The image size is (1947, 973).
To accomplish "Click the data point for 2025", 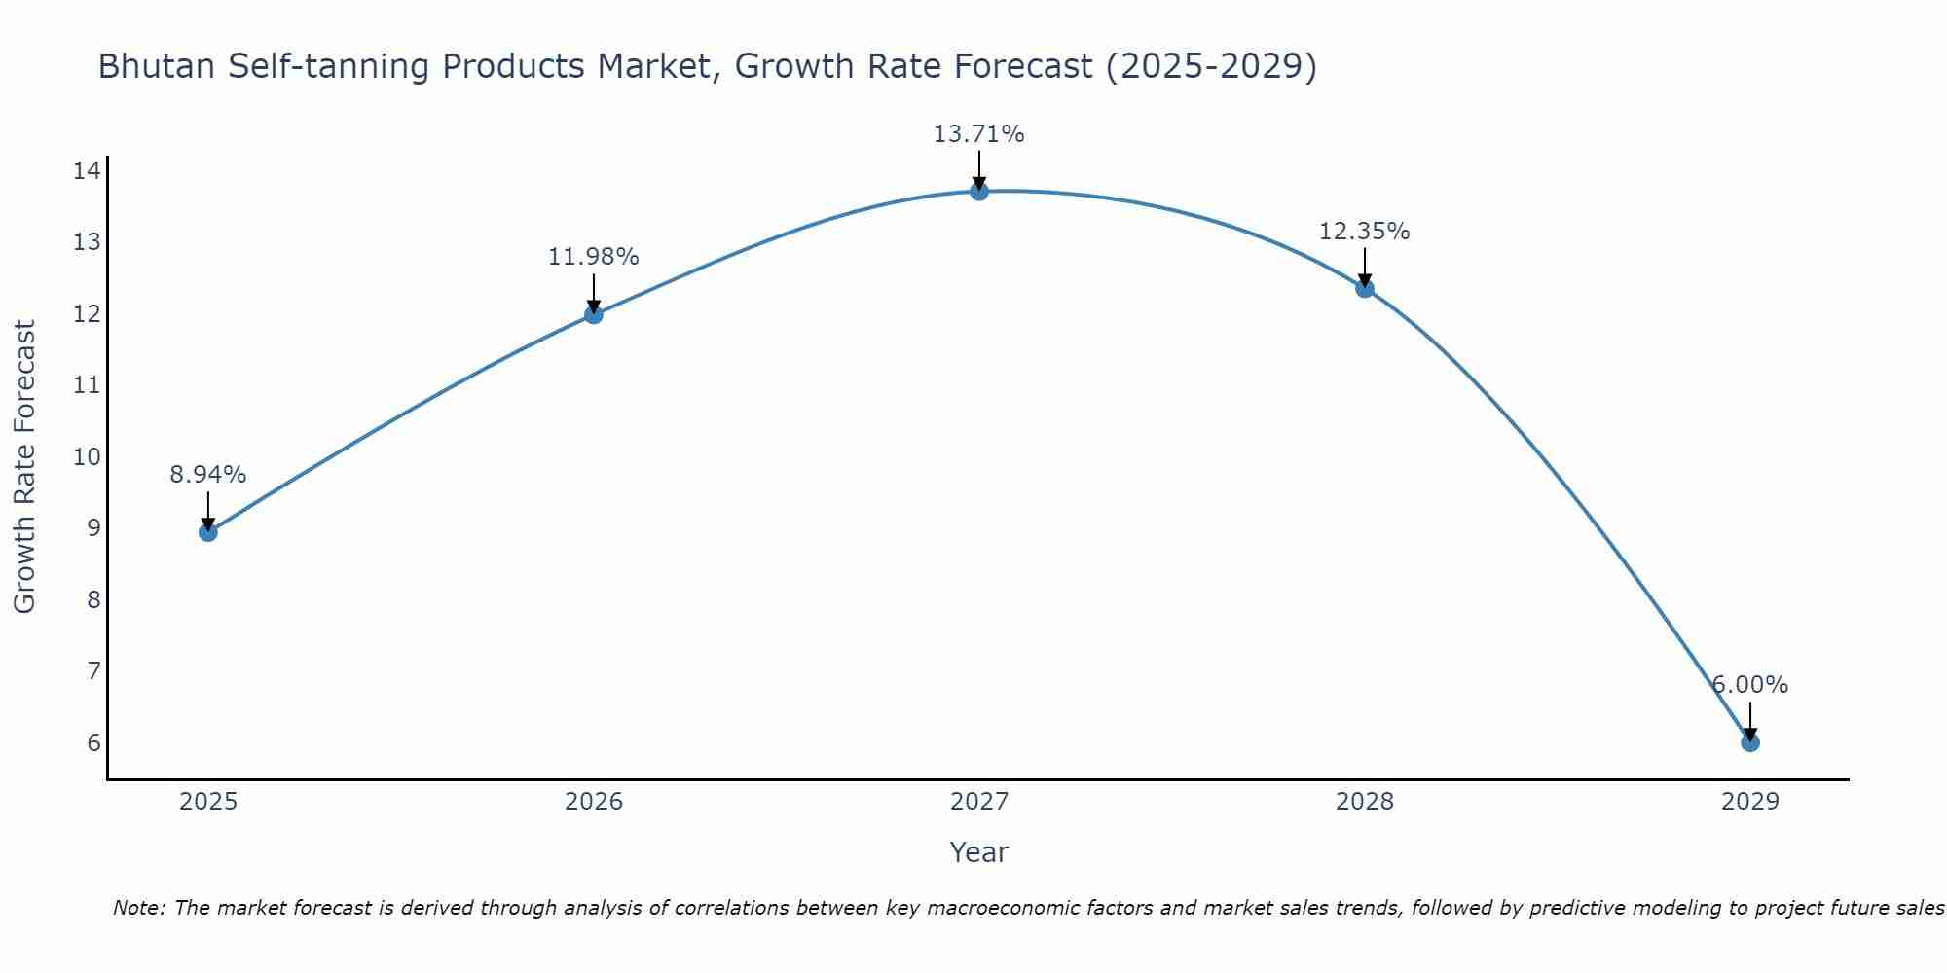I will (x=207, y=532).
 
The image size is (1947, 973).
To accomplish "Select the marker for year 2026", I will (x=594, y=314).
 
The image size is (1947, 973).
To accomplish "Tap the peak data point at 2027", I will (x=979, y=192).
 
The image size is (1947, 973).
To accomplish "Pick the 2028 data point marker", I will (x=1365, y=288).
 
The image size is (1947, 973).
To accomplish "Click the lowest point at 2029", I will (x=1750, y=742).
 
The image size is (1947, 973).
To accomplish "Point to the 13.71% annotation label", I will (x=978, y=134).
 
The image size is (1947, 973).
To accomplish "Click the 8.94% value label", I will (x=207, y=475).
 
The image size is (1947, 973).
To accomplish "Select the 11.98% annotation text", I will (x=593, y=257).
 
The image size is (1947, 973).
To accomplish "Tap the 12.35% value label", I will (x=1364, y=232).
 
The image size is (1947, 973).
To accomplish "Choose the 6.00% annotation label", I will (x=1749, y=685).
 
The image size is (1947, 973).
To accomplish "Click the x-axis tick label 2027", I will (x=979, y=802).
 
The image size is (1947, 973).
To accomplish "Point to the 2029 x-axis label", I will (x=1750, y=802).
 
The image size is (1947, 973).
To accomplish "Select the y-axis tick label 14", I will (x=87, y=171).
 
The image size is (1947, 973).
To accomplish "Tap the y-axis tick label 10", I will (x=87, y=457).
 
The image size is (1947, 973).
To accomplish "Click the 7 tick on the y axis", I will (x=93, y=671).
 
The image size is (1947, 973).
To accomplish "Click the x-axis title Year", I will (x=978, y=852).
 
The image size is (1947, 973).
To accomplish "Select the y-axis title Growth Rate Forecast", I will (x=25, y=467).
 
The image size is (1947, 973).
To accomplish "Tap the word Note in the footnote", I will (x=138, y=909).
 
